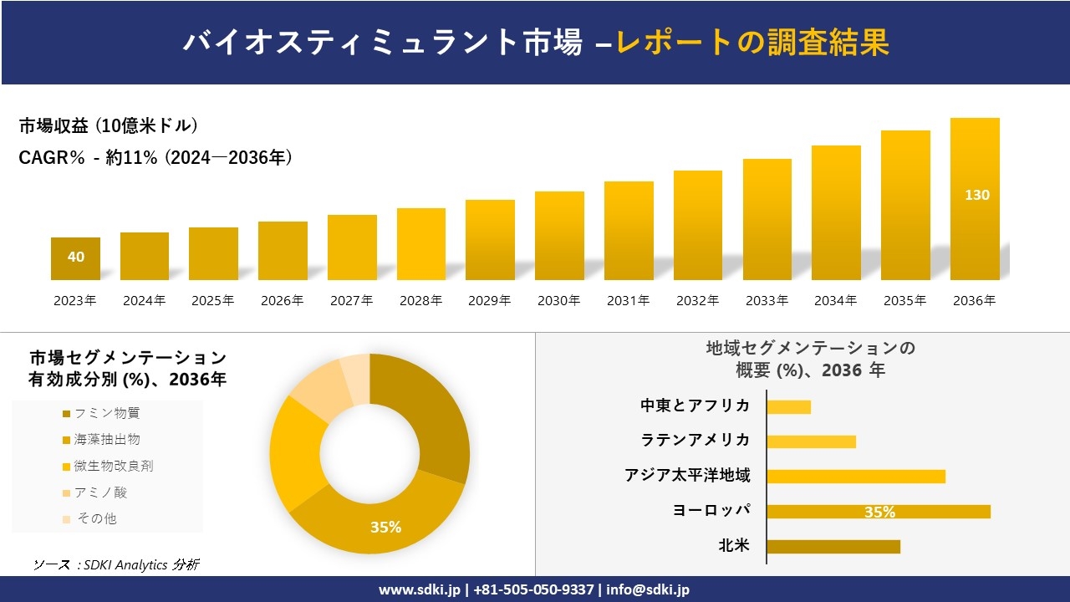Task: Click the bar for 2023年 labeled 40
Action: [x=75, y=258]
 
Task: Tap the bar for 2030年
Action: [x=559, y=236]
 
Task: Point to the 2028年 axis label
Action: [x=420, y=301]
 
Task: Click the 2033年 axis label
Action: [x=767, y=301]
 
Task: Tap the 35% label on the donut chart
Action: [x=385, y=527]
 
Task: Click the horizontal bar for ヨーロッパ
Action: [x=878, y=512]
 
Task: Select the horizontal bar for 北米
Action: [x=833, y=547]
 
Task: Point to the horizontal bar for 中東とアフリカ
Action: [x=788, y=407]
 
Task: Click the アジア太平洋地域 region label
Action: [x=687, y=476]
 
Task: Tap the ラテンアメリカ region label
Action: [x=695, y=440]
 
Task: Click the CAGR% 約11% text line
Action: [x=155, y=157]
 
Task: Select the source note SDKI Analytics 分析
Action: [x=116, y=564]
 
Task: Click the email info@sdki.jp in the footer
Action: [x=647, y=589]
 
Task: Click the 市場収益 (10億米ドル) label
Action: [x=109, y=126]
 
